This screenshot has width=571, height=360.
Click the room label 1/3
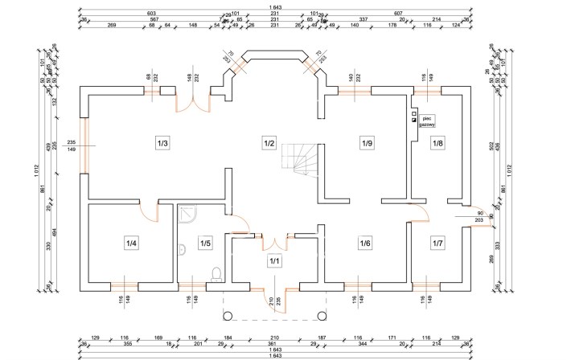(x=162, y=144)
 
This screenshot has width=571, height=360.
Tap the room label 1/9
(x=367, y=144)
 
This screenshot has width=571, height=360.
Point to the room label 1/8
(x=437, y=144)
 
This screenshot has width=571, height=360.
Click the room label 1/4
(x=131, y=243)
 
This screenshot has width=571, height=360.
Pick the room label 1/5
(x=205, y=243)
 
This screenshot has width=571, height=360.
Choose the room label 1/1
(x=273, y=261)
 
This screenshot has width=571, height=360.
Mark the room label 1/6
(x=365, y=243)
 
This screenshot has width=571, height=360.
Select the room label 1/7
(x=437, y=243)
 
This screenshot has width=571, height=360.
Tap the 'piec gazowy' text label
(x=426, y=122)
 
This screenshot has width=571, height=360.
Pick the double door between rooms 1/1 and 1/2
(x=273, y=243)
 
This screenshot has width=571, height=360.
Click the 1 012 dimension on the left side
(x=38, y=170)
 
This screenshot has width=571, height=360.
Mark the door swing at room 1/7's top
(x=425, y=215)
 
